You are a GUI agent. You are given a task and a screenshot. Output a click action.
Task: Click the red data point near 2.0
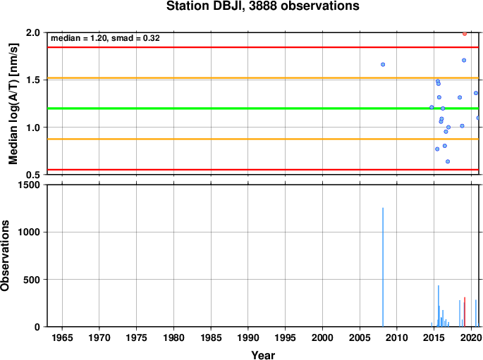point(465,34)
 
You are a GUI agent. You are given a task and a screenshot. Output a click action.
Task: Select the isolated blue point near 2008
point(383,65)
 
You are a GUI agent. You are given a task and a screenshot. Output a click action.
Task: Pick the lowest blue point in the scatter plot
point(448,161)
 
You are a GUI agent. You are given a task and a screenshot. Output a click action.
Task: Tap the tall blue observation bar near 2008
point(383,267)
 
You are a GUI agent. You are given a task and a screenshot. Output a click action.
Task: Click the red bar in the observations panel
point(465,311)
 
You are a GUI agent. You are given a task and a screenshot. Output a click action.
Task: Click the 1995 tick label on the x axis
point(286,338)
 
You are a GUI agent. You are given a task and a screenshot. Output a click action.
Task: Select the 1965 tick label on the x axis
point(62,338)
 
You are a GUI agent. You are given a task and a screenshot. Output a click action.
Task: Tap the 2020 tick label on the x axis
point(471,338)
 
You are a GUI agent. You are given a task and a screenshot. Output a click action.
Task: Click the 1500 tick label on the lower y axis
point(30,185)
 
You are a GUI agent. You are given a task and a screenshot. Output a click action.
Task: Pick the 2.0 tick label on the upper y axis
point(33,32)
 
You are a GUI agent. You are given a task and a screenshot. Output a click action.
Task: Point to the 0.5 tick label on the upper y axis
point(33,175)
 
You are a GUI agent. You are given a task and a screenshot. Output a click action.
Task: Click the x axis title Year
point(263,355)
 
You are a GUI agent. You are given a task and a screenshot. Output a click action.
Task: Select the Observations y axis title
point(5,256)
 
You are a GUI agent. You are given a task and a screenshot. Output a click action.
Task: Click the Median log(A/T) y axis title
point(13,104)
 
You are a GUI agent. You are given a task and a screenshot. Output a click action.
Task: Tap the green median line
point(263,108)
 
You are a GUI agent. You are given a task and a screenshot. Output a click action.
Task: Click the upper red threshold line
point(263,47)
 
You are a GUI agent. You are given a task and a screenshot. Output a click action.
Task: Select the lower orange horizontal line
point(263,139)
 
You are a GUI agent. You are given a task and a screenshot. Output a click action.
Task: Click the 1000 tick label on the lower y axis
point(30,232)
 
